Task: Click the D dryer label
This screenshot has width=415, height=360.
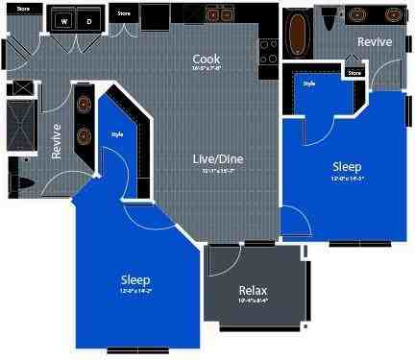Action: [88, 19]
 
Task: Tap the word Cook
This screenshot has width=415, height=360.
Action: [207, 59]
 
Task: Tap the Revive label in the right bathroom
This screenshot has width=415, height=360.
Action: [374, 42]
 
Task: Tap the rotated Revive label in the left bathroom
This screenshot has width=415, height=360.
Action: [57, 141]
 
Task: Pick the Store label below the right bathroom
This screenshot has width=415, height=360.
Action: [354, 71]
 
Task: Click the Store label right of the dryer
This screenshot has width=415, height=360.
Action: [124, 14]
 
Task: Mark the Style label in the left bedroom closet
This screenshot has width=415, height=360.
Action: [117, 133]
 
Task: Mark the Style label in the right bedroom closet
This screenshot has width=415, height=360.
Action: [309, 84]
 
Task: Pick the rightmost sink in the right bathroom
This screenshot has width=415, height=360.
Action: [395, 15]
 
